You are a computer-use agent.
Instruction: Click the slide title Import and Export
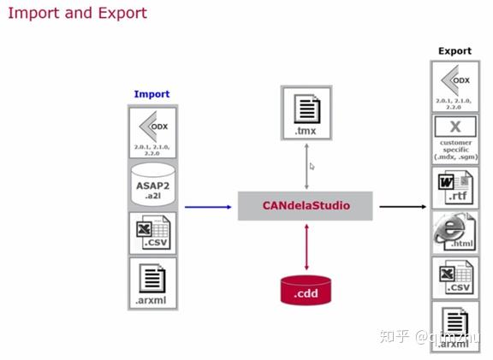(x=77, y=13)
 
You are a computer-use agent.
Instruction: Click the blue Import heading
(x=151, y=94)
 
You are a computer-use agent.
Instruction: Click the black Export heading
(x=454, y=50)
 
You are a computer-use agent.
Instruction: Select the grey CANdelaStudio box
(x=306, y=205)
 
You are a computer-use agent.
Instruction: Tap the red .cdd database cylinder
(x=306, y=290)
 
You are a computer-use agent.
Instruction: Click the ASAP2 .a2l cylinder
(x=151, y=181)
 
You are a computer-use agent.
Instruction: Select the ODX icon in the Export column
(x=454, y=86)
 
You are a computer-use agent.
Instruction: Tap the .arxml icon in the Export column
(x=454, y=326)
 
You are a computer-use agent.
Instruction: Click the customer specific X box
(x=454, y=138)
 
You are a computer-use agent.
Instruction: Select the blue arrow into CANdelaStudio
(x=209, y=206)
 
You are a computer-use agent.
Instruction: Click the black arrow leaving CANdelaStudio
(x=402, y=206)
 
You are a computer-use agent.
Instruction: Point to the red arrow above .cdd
(x=306, y=247)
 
